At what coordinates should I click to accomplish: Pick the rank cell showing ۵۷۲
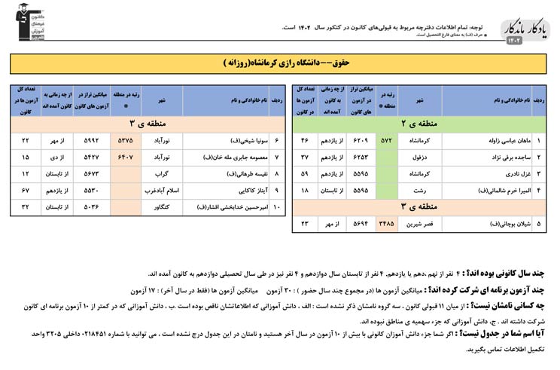point(387,140)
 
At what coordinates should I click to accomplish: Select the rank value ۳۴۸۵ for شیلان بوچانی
point(387,224)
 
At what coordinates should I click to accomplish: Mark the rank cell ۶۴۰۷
point(126,157)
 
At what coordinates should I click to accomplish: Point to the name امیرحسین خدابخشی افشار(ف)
point(224,206)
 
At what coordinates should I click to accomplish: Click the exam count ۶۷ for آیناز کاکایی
point(26,190)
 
